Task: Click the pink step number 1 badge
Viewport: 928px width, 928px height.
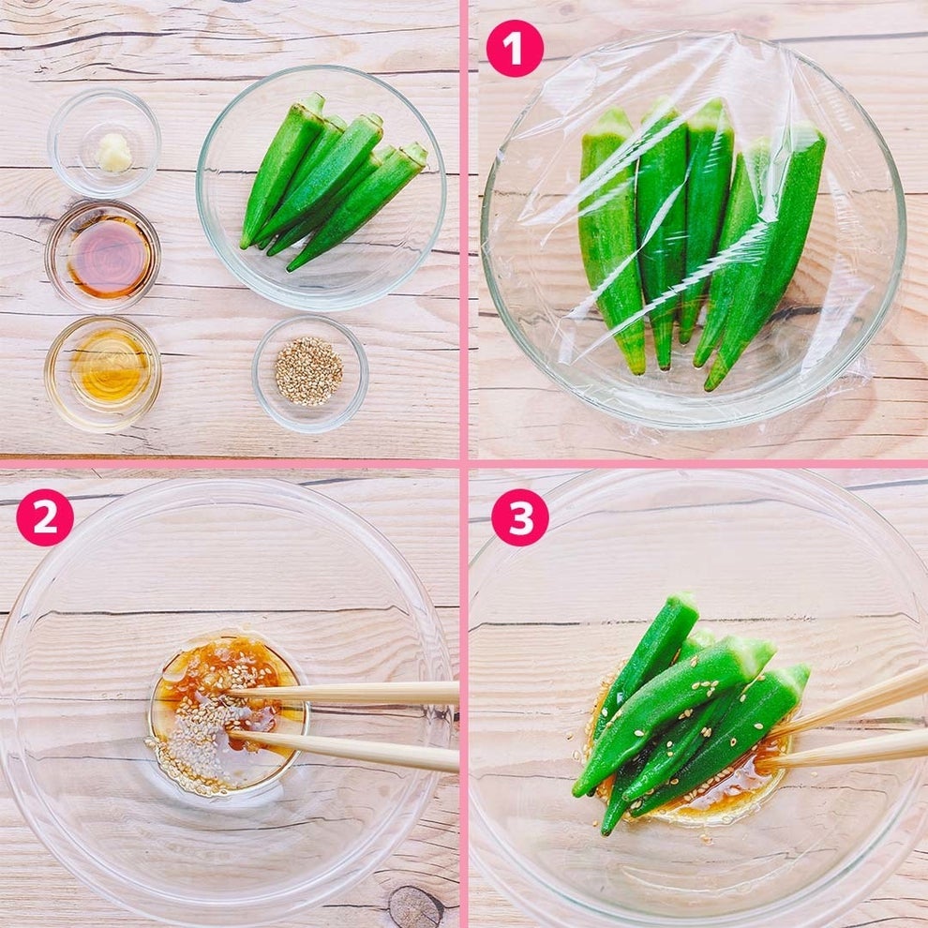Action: point(515,49)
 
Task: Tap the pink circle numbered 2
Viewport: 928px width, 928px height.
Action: point(45,517)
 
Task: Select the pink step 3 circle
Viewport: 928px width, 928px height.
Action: point(520,517)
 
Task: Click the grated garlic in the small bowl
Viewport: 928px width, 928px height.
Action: point(114,153)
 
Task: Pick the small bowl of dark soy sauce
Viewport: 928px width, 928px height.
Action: point(103,256)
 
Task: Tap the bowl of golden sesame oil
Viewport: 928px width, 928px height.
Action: point(103,373)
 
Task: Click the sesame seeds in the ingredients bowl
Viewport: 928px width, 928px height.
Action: point(308,371)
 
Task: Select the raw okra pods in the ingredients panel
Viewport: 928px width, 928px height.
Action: point(333,181)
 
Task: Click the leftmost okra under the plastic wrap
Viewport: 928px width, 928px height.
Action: point(611,240)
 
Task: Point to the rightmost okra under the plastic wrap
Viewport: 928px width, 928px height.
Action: point(770,254)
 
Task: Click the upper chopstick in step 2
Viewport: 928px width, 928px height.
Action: point(343,693)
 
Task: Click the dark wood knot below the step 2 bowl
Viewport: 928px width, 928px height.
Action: point(415,907)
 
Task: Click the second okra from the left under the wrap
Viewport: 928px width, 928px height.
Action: point(663,231)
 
